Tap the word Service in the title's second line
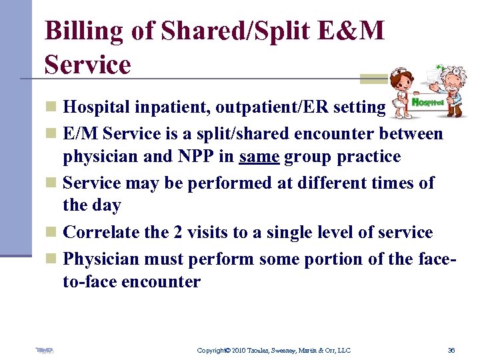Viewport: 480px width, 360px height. [87, 65]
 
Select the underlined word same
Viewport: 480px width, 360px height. [259, 157]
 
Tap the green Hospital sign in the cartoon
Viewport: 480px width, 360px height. [427, 102]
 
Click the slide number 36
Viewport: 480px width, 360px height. [451, 350]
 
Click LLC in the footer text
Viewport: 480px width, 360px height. [343, 350]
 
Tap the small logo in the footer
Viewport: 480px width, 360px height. [45, 350]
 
